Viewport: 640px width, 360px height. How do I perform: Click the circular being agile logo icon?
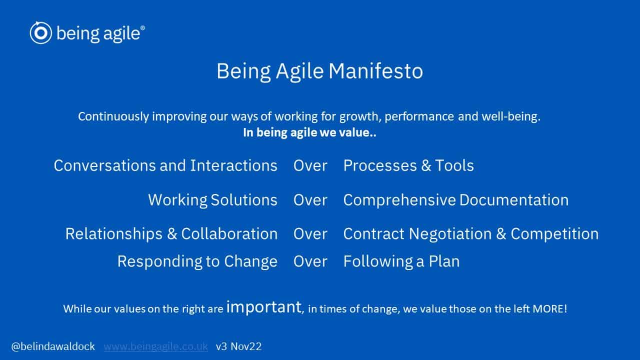tap(41, 32)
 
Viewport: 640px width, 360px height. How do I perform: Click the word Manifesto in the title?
tap(375, 71)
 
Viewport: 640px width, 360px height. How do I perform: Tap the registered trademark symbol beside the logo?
tap(142, 27)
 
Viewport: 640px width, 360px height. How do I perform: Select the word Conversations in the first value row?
tap(105, 165)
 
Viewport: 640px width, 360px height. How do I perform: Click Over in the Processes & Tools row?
tap(310, 165)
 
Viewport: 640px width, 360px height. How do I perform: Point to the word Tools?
tap(454, 165)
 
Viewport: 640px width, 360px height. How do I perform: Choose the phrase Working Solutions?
tap(212, 199)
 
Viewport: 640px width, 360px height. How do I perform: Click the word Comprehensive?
tap(399, 200)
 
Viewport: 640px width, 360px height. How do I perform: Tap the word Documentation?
tap(514, 199)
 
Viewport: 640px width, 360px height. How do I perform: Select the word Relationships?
tap(114, 233)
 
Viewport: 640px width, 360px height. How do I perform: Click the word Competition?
tap(554, 233)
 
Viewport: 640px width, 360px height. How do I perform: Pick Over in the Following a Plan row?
tap(310, 261)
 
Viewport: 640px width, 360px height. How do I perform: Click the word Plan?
tap(444, 261)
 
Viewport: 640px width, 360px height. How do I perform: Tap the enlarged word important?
tap(263, 307)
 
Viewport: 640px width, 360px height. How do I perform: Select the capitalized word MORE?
tap(549, 308)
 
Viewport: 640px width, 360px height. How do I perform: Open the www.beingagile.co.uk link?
tap(155, 346)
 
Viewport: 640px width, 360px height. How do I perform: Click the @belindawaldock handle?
tap(53, 346)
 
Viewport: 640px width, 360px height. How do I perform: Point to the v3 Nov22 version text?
tap(238, 346)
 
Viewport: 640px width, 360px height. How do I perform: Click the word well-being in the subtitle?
tap(511, 116)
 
